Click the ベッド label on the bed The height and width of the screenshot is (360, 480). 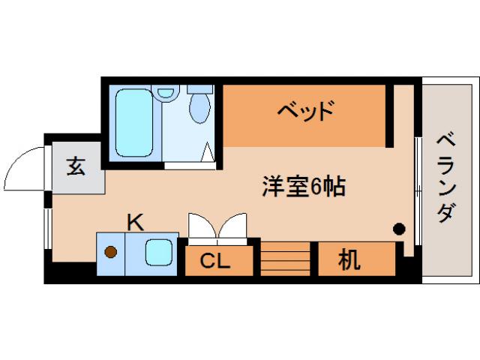point(304,113)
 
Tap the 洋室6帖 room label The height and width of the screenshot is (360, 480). point(303,186)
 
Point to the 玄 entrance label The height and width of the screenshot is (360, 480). point(76,166)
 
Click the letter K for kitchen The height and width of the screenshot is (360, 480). point(135,222)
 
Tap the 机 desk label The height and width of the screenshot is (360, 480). point(348,260)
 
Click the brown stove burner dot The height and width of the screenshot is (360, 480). point(111,252)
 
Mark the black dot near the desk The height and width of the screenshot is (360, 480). point(400,228)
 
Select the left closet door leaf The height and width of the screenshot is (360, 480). point(201,226)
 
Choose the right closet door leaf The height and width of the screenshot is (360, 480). point(233,226)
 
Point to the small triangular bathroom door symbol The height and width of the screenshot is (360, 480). point(208,153)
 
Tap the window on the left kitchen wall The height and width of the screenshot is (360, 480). point(48,226)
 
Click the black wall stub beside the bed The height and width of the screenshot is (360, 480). point(389,116)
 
